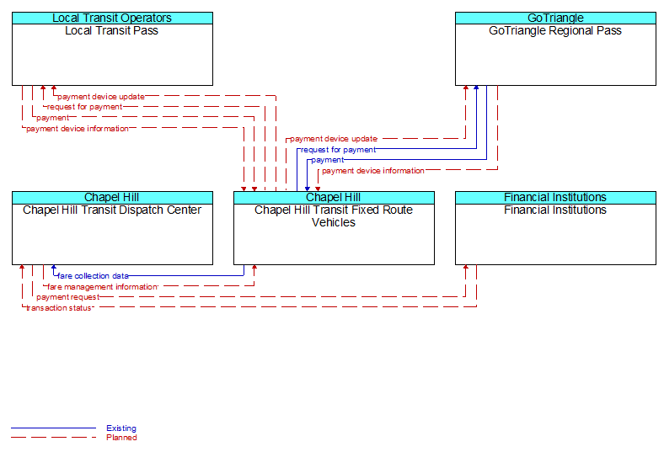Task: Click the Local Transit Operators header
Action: (x=112, y=18)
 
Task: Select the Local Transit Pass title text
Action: (x=112, y=30)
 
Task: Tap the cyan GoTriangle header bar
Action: (x=555, y=18)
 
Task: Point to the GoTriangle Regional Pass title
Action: (x=555, y=30)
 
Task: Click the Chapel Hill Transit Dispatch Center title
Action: (x=112, y=210)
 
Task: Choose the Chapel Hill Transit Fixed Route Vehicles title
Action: (x=334, y=216)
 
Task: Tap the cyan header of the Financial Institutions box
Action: (x=555, y=197)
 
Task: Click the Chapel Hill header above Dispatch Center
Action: (x=112, y=197)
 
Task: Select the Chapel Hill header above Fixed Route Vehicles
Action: (x=334, y=197)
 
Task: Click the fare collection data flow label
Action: (x=94, y=276)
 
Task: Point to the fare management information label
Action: (x=103, y=287)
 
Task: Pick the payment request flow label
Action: (x=67, y=297)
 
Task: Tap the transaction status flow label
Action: (x=59, y=308)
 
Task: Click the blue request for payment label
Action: (x=339, y=150)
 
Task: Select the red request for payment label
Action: (x=85, y=107)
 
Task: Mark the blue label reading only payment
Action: (x=328, y=160)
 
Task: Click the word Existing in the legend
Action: (x=121, y=428)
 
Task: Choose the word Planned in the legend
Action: (x=121, y=438)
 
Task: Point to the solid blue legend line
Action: (x=53, y=428)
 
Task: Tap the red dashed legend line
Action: (x=53, y=438)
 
